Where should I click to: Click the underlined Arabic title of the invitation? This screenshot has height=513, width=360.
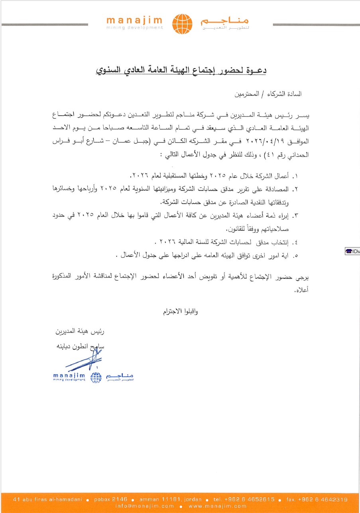181,71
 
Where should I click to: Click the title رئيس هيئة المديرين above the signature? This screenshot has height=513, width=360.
80,332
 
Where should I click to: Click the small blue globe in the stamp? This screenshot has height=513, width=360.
96,377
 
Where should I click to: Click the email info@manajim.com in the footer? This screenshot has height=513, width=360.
145,506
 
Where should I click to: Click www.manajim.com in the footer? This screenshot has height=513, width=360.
217,506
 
